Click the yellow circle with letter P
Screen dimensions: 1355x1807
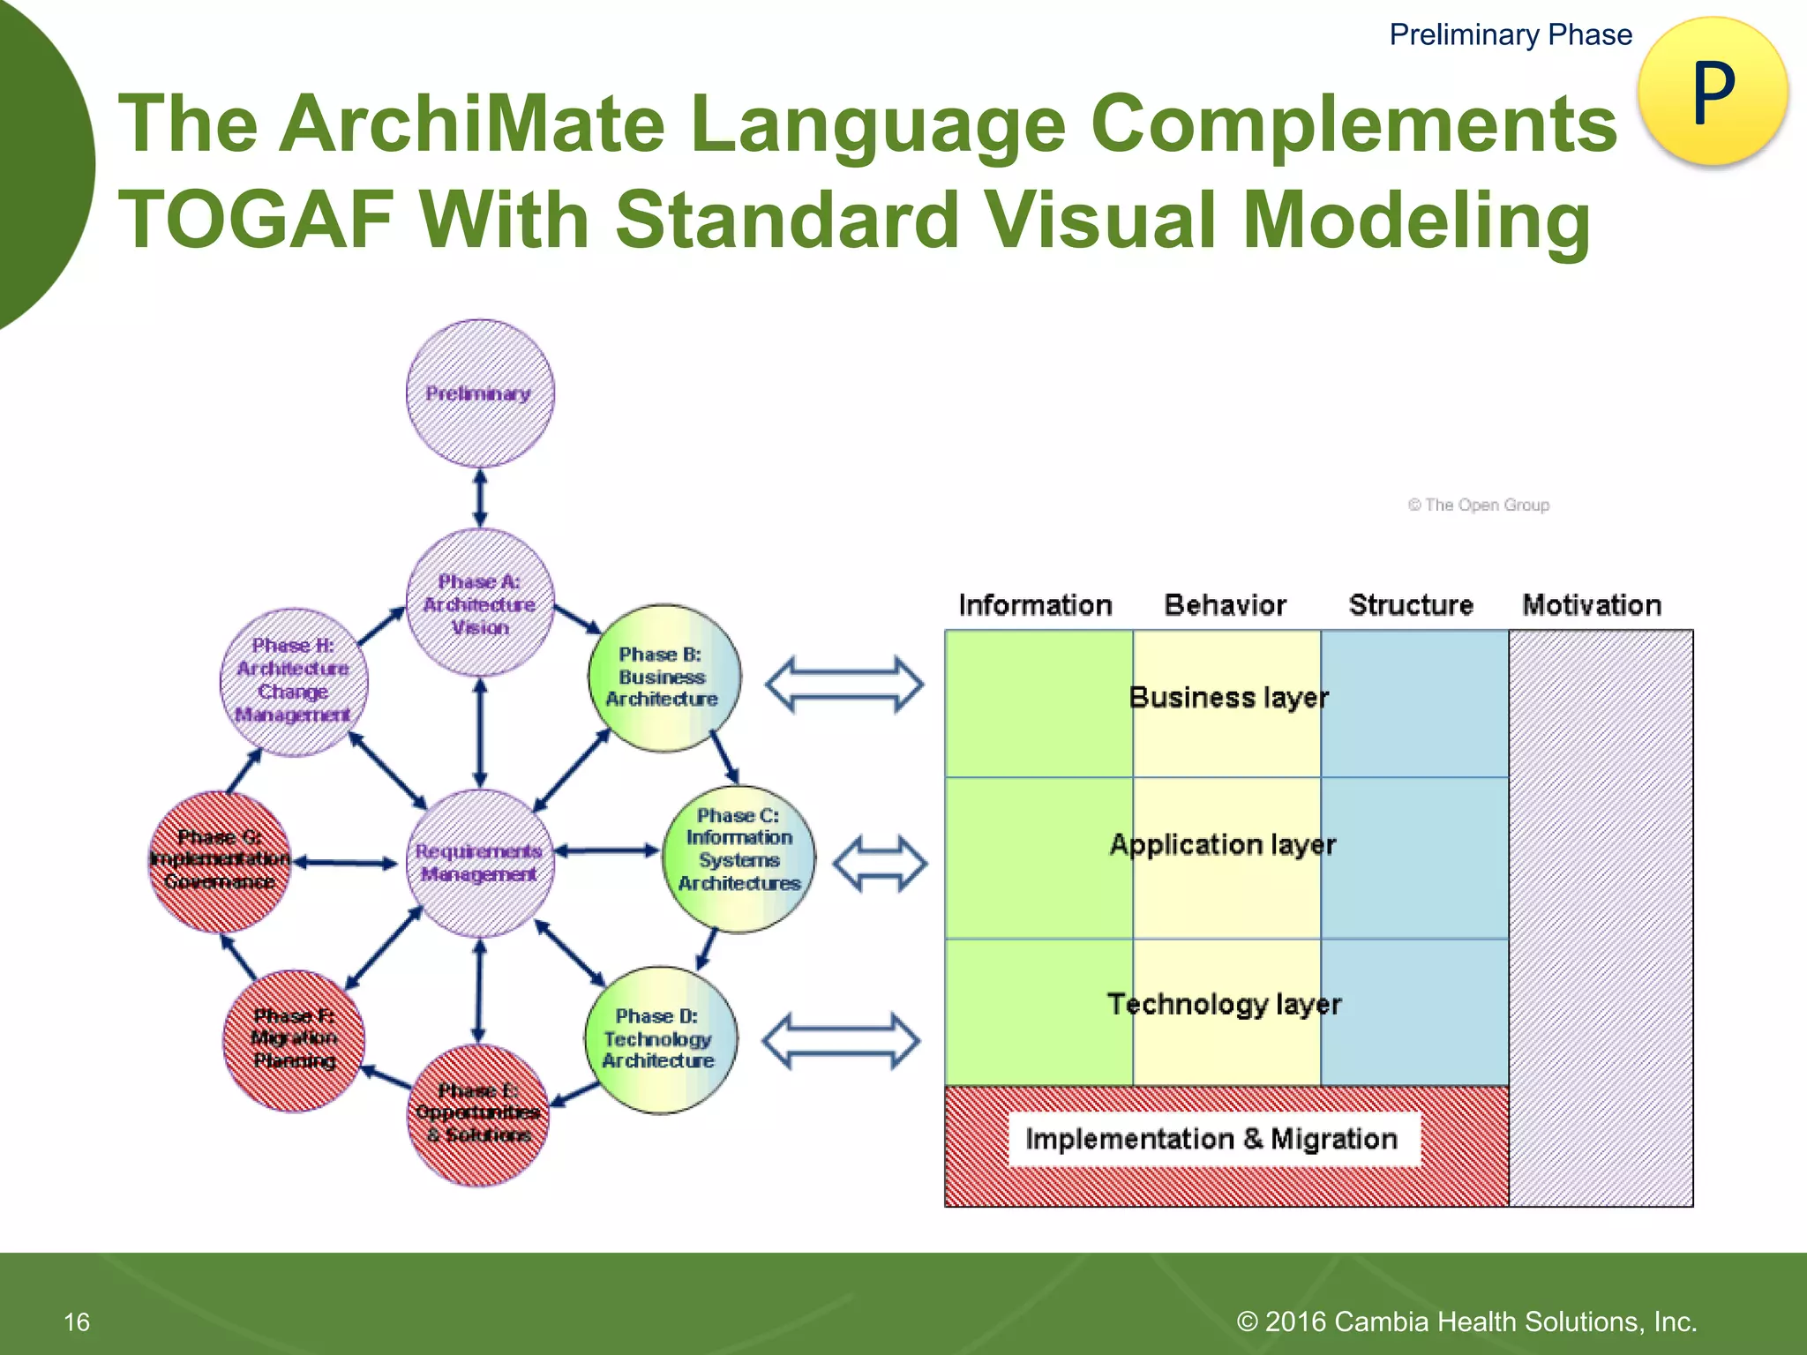coord(1712,91)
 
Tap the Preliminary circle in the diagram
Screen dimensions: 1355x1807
coord(480,393)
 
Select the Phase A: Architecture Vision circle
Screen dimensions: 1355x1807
coord(480,603)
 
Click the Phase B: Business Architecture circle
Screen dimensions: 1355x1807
coord(664,677)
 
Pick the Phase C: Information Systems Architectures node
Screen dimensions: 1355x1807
coord(739,858)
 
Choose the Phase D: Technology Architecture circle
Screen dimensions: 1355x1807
coord(660,1039)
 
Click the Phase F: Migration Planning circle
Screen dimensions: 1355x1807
coord(294,1039)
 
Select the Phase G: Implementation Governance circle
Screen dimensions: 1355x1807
coord(219,860)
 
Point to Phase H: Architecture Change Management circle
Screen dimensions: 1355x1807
coord(294,681)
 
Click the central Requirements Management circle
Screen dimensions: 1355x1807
coord(479,863)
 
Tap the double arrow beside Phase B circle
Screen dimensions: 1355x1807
coord(844,684)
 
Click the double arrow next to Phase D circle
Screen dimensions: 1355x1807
coord(841,1041)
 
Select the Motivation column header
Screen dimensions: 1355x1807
coord(1592,605)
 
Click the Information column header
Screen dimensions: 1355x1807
coord(1035,605)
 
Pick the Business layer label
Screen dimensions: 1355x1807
coord(1228,698)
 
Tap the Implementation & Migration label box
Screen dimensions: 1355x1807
coord(1212,1139)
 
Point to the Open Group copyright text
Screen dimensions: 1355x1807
coord(1479,505)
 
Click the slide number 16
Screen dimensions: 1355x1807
coord(77,1321)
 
